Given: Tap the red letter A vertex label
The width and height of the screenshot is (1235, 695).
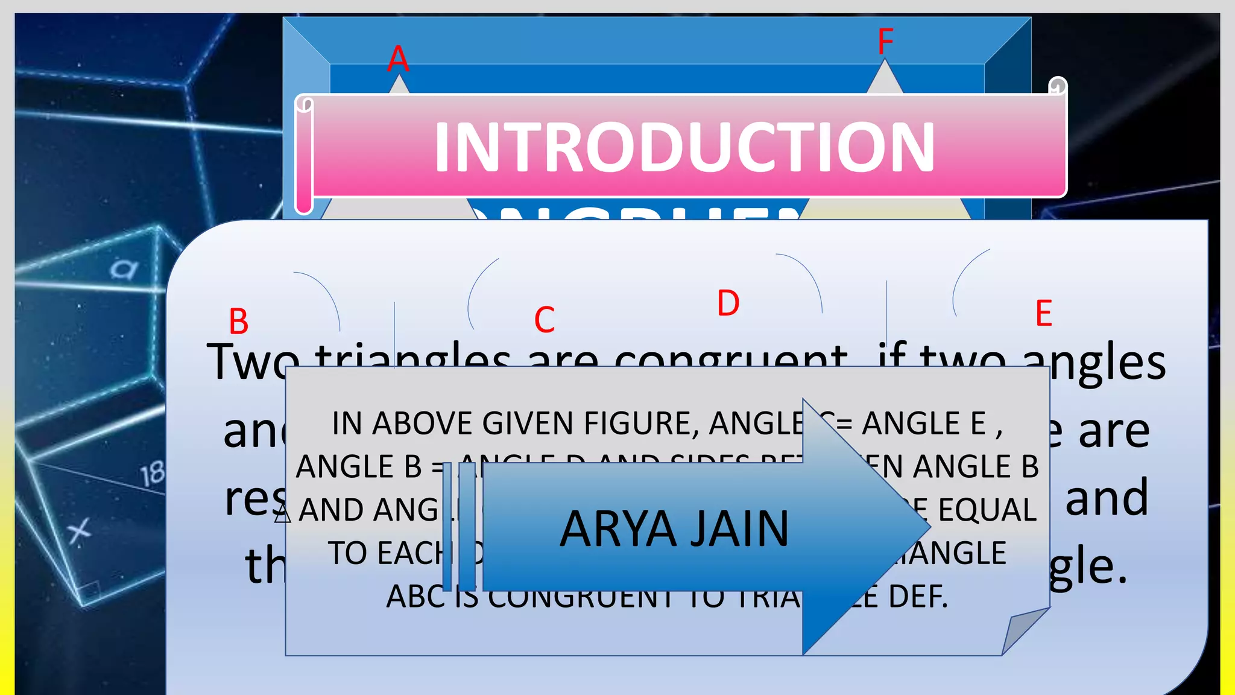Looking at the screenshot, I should point(398,59).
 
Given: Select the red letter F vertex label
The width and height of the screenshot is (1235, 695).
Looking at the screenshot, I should point(885,42).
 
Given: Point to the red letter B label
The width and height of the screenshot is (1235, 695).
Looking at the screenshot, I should point(239,322).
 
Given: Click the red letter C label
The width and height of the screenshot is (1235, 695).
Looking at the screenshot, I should point(545,320).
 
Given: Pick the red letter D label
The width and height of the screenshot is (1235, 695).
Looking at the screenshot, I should point(728,303).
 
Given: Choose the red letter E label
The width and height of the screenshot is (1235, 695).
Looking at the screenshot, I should point(1044,314).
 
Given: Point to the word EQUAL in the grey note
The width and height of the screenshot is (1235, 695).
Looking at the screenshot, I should point(987,510).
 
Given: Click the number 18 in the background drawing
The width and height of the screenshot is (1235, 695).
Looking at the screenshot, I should point(153,474).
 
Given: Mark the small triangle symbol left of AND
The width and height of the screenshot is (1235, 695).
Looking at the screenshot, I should point(282,514).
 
